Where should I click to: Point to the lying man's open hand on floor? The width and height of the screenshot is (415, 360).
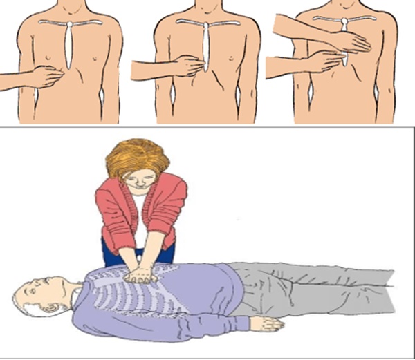click(266, 323)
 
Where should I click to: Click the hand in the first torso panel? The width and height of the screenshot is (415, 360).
click(45, 75)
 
